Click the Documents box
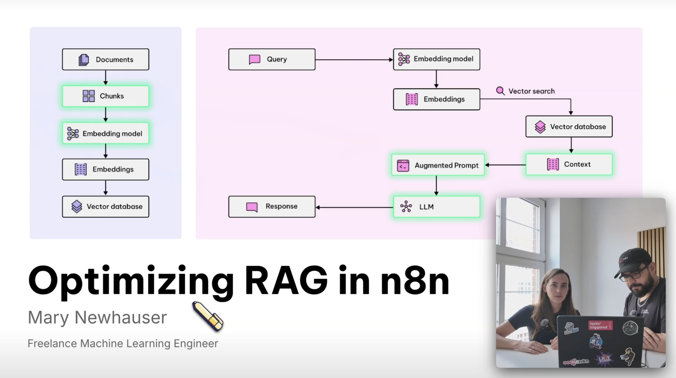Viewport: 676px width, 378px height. click(x=105, y=59)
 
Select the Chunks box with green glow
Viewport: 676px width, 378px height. click(x=105, y=96)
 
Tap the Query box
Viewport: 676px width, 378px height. click(x=272, y=59)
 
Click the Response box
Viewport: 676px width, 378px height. click(x=272, y=207)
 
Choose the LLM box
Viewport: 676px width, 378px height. click(x=437, y=207)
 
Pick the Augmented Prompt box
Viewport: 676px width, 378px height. click(x=438, y=165)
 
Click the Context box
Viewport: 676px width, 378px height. click(x=569, y=164)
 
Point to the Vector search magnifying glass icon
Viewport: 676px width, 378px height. click(x=500, y=91)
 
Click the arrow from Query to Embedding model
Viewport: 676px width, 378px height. click(x=354, y=60)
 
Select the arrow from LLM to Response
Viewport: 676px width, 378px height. click(x=354, y=207)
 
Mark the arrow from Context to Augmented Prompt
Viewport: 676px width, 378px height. click(x=505, y=165)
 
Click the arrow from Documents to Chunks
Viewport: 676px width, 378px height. click(x=105, y=77)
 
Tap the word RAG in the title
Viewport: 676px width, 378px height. click(x=286, y=281)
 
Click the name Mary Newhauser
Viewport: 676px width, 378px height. click(x=97, y=317)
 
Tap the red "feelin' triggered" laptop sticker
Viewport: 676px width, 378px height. click(x=600, y=325)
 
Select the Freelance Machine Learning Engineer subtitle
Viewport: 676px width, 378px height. click(x=123, y=343)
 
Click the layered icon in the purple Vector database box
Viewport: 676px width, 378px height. click(x=77, y=207)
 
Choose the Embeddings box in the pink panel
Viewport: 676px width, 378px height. click(x=437, y=99)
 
